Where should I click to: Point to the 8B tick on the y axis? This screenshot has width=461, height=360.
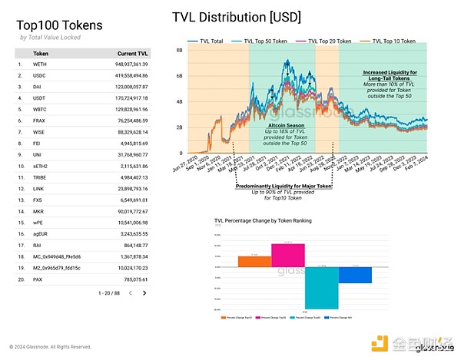(x=179, y=49)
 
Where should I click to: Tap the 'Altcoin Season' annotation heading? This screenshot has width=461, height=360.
(x=286, y=124)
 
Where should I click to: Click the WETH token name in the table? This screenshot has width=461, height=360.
(x=41, y=64)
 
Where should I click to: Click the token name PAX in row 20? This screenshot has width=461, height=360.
(x=39, y=279)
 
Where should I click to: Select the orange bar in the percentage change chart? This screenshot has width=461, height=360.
(x=250, y=261)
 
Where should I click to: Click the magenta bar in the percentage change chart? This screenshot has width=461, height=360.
(x=288, y=256)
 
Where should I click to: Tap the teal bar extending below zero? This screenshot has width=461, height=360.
(x=320, y=287)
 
